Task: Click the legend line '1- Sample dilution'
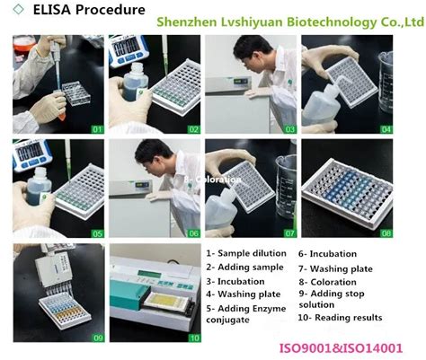click(x=243, y=254)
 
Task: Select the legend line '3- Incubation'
click(x=235, y=280)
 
